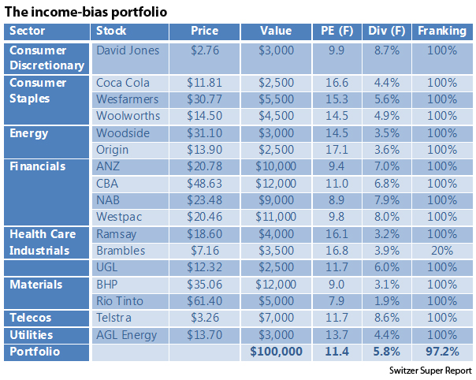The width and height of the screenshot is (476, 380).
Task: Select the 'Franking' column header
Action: [x=442, y=32]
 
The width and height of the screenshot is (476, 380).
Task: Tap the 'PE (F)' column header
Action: [x=337, y=32]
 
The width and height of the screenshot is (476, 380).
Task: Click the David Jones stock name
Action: [x=127, y=50]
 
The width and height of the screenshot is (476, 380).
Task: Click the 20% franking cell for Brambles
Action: [x=442, y=250]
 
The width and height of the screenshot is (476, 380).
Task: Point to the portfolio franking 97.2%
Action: [x=442, y=352]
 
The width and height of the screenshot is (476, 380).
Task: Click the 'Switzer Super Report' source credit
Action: [x=430, y=370]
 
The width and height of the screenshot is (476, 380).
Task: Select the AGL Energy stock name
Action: [x=128, y=335]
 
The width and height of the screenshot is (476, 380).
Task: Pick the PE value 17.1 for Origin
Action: [x=337, y=150]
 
